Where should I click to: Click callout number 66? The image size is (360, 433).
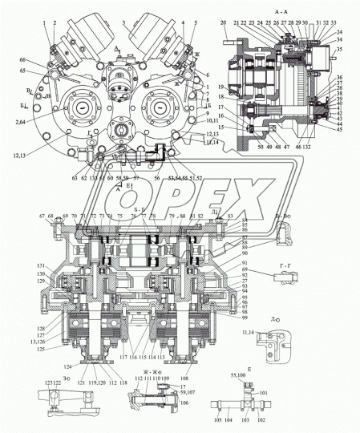point(22,61)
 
